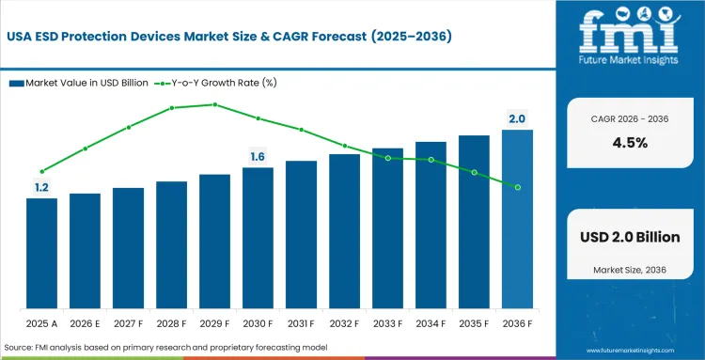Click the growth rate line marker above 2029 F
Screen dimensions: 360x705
pos(214,104)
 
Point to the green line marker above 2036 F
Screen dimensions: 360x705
pos(517,187)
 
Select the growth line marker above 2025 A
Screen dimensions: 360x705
pos(41,171)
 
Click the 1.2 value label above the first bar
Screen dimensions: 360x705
pos(41,188)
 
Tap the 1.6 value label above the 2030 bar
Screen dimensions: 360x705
pos(258,156)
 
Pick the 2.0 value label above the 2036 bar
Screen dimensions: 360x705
pos(517,118)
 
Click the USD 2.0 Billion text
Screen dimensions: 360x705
pos(628,237)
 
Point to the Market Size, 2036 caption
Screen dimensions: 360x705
pos(628,271)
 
